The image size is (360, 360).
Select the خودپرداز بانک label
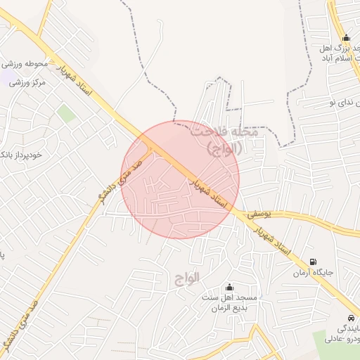(20, 154)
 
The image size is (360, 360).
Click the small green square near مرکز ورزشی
(65, 112)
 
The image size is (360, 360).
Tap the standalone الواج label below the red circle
(187, 278)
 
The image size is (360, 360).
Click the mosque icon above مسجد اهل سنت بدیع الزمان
(229, 287)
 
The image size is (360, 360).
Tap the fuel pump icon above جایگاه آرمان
(313, 262)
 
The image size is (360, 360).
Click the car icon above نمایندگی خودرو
(352, 318)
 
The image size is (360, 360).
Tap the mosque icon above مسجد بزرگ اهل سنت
(345, 38)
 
